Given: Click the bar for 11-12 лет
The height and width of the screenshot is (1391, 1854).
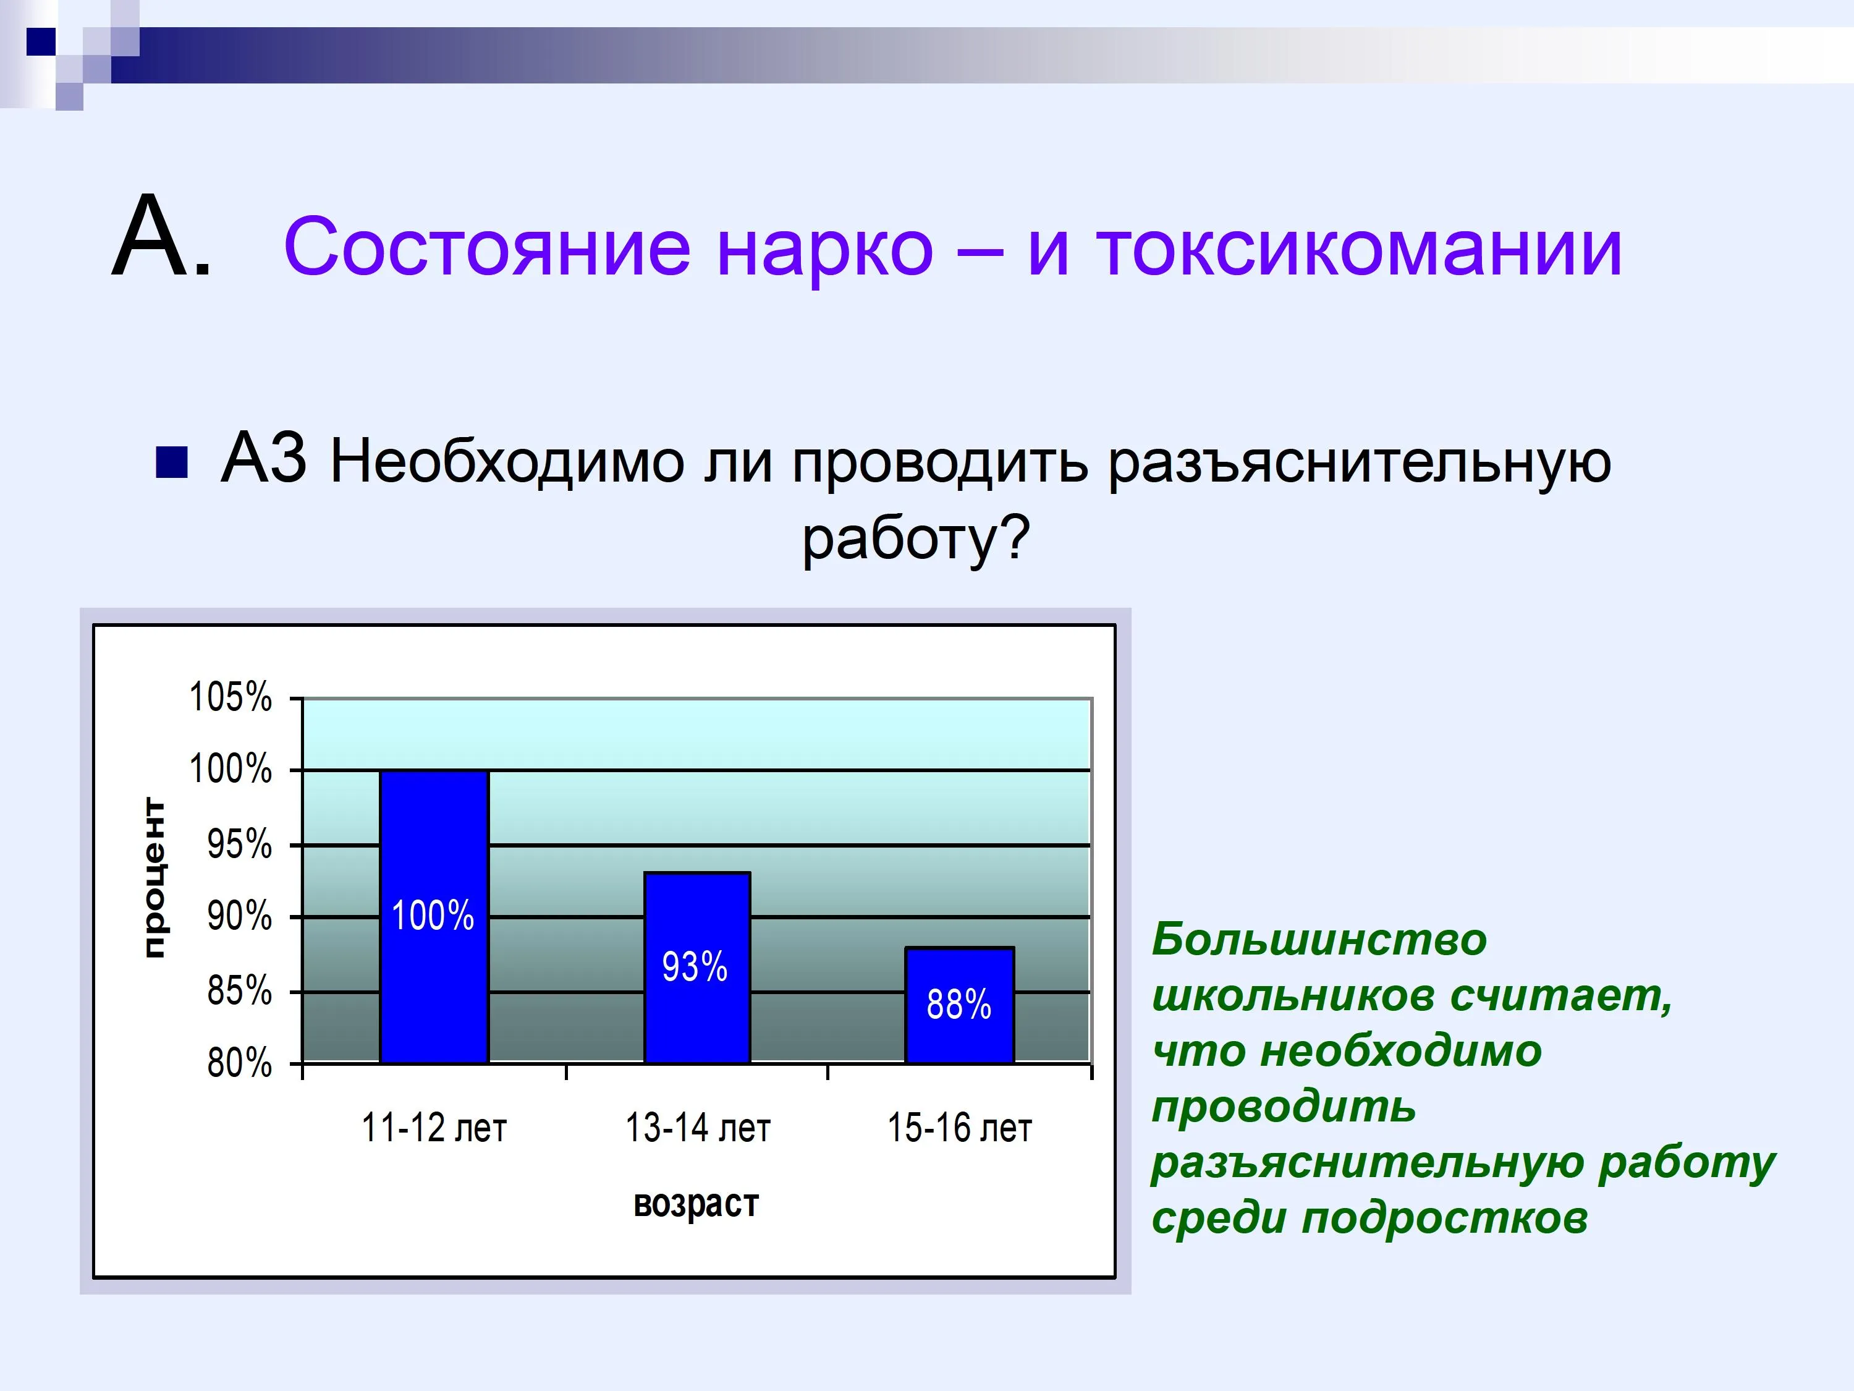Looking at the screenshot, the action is [434, 917].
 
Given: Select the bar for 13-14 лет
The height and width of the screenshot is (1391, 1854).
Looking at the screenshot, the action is [696, 968].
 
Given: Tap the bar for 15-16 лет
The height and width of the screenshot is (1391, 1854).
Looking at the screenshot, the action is [960, 1006].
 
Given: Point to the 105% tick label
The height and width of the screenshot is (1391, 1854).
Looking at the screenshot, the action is [231, 697].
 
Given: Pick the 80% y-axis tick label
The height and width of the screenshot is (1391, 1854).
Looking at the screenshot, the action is [240, 1063].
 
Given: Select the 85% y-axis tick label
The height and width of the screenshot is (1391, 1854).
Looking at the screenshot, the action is [240, 991].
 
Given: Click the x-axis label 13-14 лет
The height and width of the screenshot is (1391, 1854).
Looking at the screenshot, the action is [697, 1128].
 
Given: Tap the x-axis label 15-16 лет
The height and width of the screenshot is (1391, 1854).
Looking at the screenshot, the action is [960, 1128].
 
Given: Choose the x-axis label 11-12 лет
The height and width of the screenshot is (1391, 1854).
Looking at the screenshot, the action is [434, 1128].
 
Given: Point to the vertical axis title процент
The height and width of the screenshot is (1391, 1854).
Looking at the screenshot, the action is [154, 878].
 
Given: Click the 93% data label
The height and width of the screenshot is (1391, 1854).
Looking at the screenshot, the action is [695, 967].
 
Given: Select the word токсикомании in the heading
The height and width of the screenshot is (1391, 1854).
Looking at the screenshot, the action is [1360, 247].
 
